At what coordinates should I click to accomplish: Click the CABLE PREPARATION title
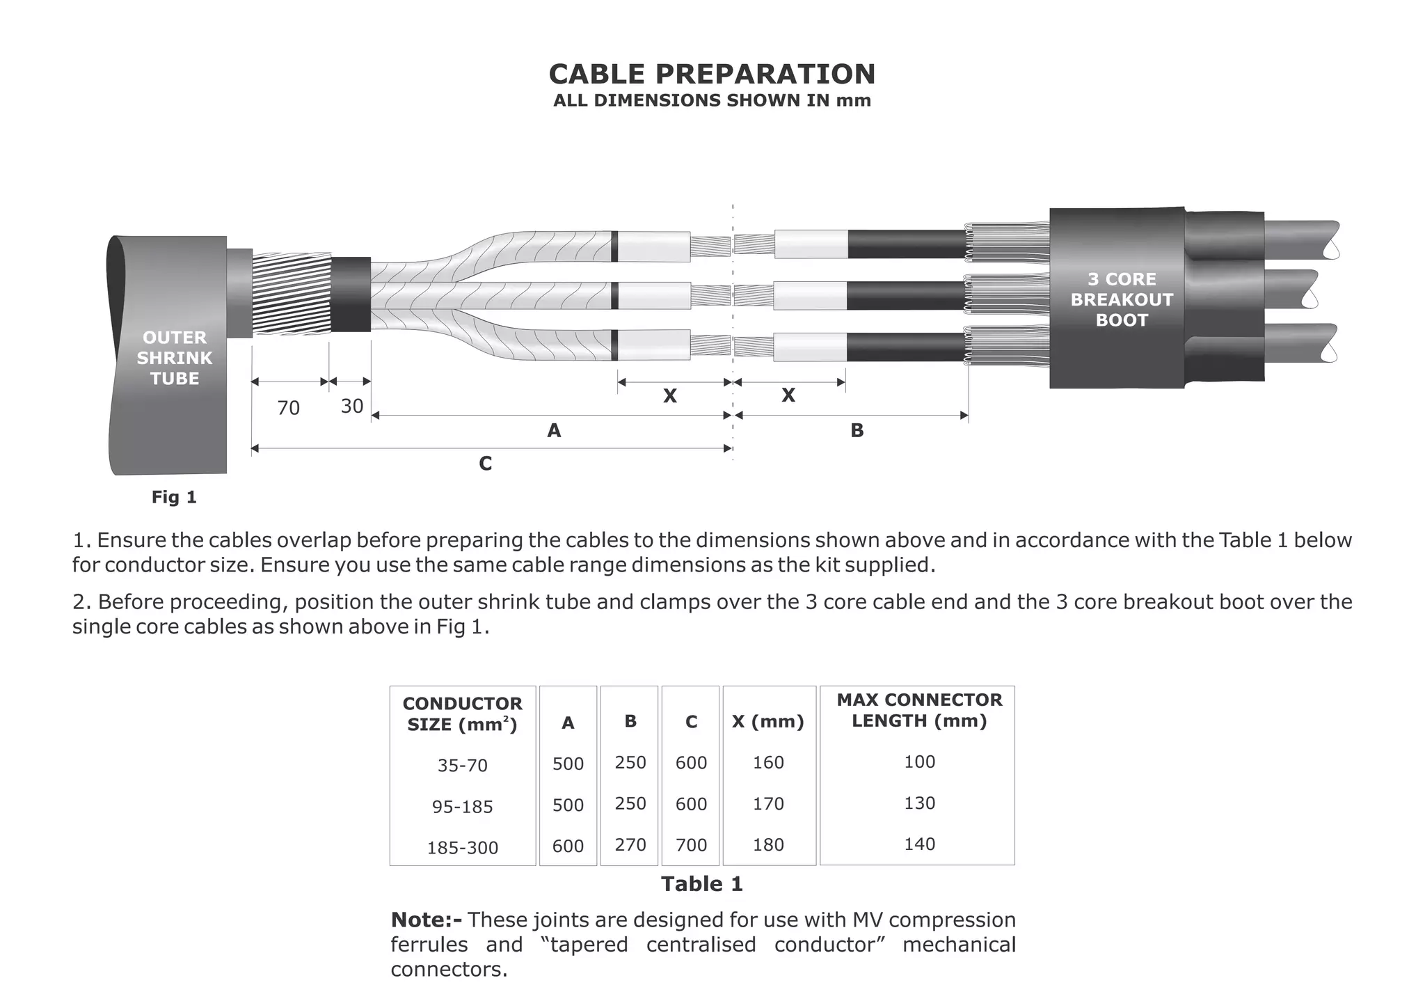[712, 74]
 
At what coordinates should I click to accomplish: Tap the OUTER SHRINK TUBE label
[175, 358]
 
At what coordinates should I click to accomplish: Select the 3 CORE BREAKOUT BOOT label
[1121, 299]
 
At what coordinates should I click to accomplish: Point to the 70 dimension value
[288, 408]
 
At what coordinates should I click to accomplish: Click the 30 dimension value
[352, 406]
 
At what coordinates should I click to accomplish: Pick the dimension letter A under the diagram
[554, 431]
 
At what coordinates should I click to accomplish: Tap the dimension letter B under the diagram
[857, 431]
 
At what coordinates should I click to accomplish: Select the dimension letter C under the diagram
[486, 464]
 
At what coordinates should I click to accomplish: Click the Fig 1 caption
[174, 497]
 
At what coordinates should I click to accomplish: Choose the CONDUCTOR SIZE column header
[462, 714]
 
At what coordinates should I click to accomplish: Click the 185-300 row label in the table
[462, 848]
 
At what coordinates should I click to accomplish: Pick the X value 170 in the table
[768, 804]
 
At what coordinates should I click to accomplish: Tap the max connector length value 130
[919, 803]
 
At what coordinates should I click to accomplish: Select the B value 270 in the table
[630, 845]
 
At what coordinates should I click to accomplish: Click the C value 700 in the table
[691, 846]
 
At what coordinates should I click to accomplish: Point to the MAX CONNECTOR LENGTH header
[919, 710]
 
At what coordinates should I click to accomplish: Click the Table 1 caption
[701, 884]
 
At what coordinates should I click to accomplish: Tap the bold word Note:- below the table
[426, 920]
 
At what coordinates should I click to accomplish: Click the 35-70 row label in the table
[462, 766]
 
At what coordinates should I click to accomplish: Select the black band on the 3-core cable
[351, 294]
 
